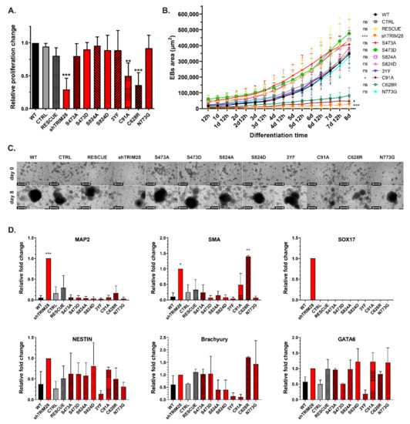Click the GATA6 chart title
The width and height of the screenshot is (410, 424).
329,338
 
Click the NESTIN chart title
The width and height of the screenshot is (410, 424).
67,338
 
